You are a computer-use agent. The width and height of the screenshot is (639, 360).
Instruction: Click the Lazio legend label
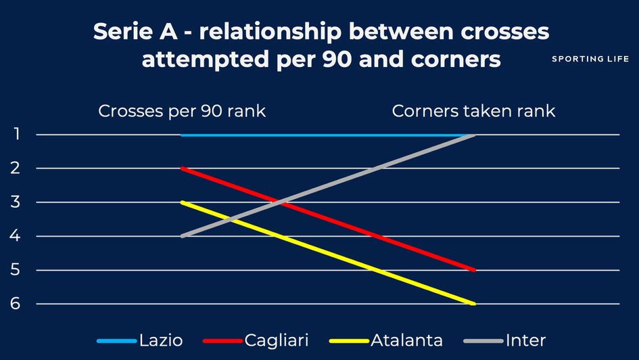[x=161, y=340]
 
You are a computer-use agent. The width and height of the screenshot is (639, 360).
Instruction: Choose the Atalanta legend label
[x=406, y=340]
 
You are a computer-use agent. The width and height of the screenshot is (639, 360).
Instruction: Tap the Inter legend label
[x=525, y=340]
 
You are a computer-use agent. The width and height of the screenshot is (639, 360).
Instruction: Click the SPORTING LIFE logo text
[x=590, y=59]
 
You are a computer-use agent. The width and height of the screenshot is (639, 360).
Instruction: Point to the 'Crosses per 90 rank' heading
[x=182, y=111]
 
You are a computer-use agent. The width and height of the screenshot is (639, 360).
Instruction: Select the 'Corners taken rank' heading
[x=473, y=111]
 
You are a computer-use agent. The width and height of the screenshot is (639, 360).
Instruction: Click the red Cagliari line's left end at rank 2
[x=182, y=168]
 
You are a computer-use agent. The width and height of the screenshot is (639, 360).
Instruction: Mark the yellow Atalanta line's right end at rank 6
[x=475, y=304]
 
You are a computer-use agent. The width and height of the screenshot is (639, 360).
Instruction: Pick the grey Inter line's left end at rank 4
[x=182, y=235]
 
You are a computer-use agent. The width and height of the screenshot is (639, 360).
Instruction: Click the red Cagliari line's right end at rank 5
[x=475, y=270]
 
